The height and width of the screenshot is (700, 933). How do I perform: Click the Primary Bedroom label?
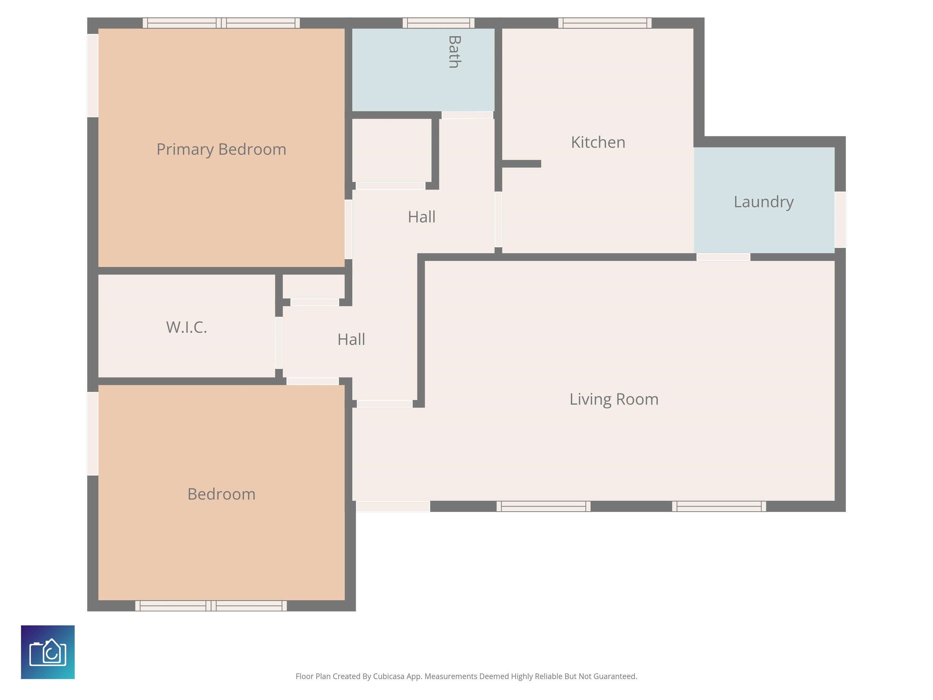click(x=221, y=150)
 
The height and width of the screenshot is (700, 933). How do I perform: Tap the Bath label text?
click(x=454, y=52)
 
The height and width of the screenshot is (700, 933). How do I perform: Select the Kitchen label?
click(x=598, y=142)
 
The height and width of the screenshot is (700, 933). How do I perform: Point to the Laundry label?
click(x=764, y=202)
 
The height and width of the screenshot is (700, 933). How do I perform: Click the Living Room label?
click(x=614, y=399)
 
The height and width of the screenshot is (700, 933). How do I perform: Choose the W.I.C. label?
click(x=187, y=328)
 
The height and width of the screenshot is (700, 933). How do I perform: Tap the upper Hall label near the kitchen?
click(x=422, y=217)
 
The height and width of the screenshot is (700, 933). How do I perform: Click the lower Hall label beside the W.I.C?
click(x=351, y=339)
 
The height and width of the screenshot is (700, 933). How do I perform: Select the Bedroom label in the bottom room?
click(x=221, y=494)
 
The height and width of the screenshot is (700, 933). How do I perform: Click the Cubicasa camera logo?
click(x=48, y=652)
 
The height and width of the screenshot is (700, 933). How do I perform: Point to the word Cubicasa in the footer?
click(x=388, y=676)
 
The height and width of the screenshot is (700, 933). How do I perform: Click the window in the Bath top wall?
click(x=439, y=23)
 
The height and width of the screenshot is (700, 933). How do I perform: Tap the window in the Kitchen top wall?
click(x=605, y=23)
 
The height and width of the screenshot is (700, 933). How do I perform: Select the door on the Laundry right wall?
click(x=840, y=219)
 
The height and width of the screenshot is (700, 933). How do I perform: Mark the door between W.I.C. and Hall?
click(x=279, y=343)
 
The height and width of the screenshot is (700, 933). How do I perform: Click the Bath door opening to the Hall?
click(x=467, y=115)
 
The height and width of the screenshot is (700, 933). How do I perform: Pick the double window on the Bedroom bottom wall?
click(x=211, y=606)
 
